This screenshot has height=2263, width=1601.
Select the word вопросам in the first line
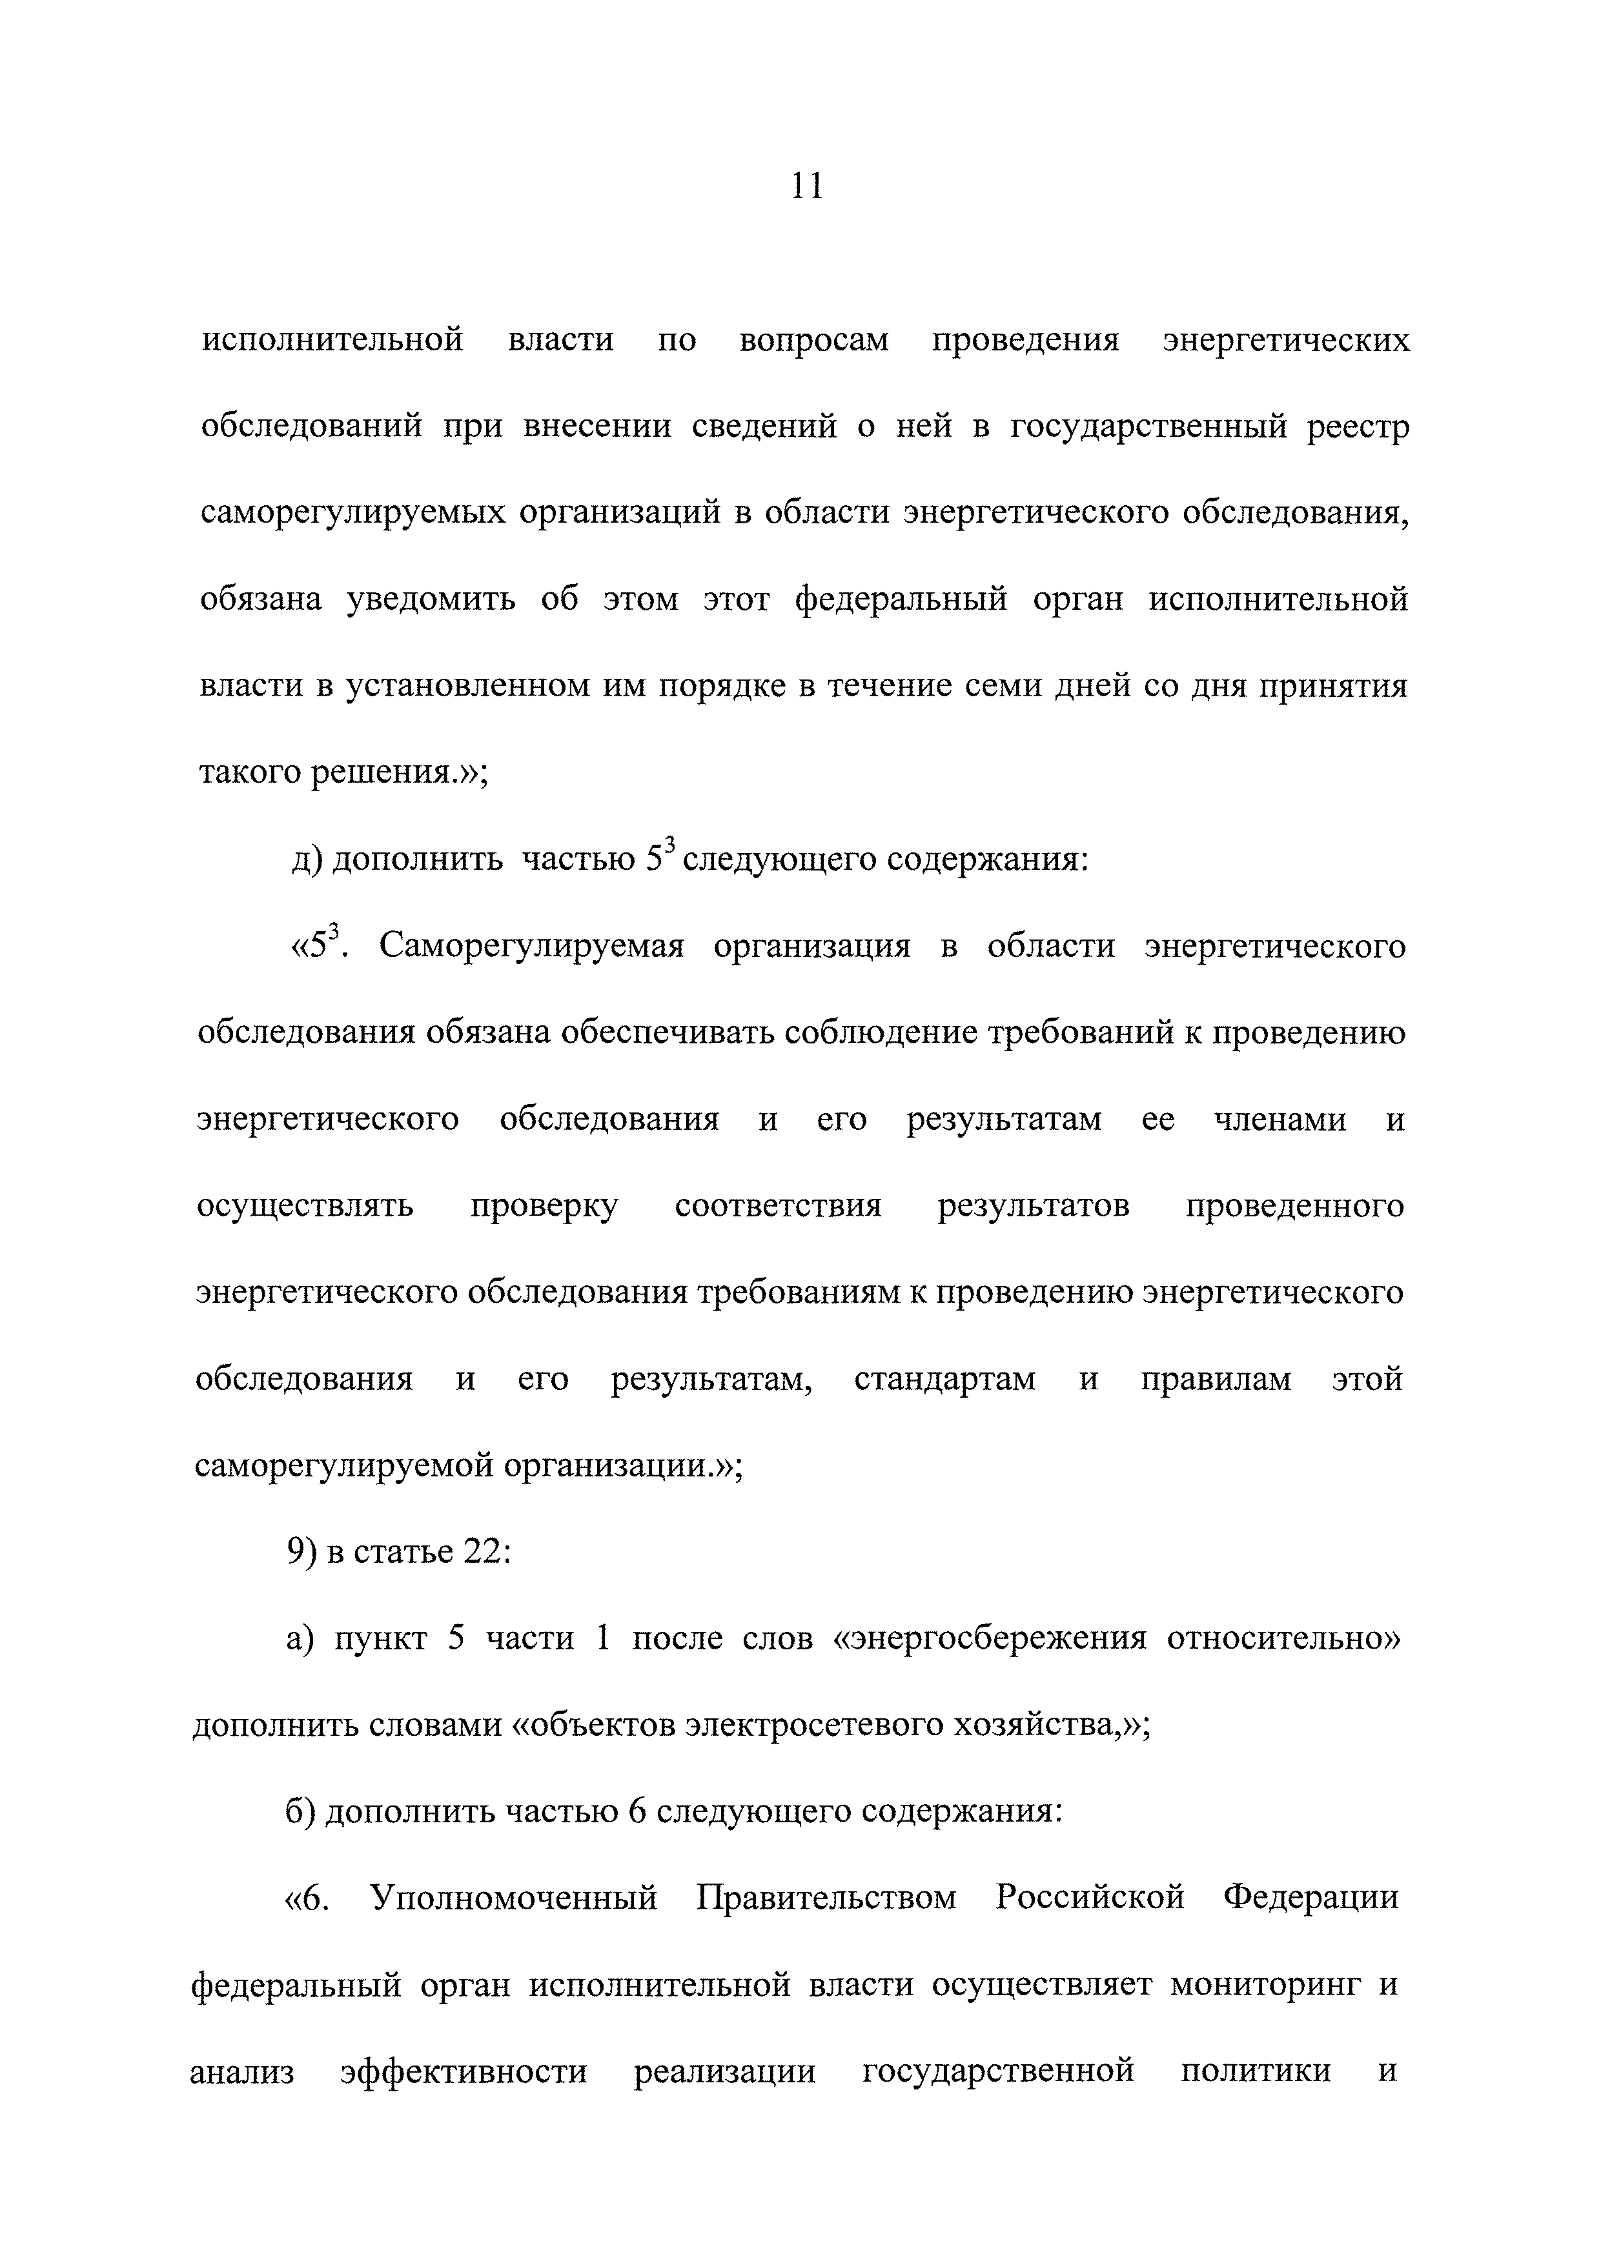pyautogui.click(x=813, y=341)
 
